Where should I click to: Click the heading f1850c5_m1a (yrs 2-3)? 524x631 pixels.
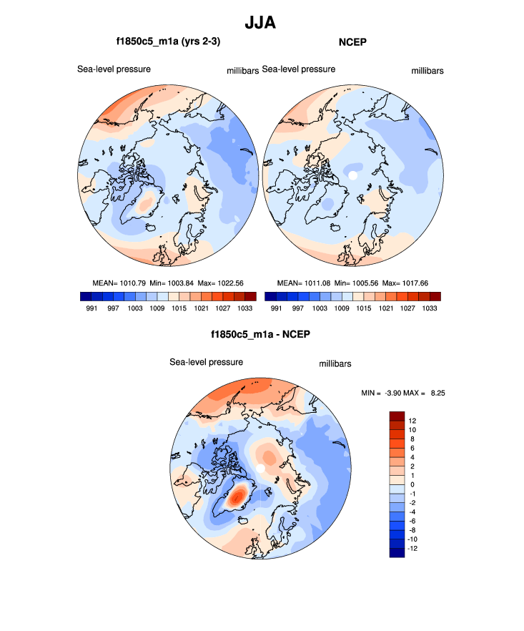[167, 43]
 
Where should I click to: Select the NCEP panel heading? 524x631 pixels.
[352, 43]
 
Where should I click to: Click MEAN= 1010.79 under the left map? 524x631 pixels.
[117, 283]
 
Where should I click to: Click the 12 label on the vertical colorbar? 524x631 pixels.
[412, 420]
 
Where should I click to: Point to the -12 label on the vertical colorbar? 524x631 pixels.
[413, 549]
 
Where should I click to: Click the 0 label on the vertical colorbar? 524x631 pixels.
[412, 484]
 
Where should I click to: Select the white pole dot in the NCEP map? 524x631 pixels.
[352, 175]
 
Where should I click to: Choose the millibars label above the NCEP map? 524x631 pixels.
[427, 71]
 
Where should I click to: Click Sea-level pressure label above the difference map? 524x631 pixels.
[206, 362]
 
